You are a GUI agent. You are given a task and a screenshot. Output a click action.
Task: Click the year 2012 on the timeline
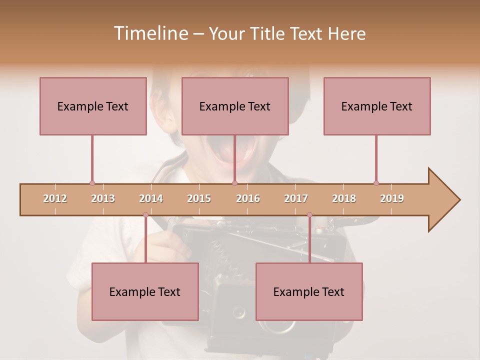[x=55, y=198]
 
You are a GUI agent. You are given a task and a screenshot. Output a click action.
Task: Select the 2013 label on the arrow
[x=103, y=198]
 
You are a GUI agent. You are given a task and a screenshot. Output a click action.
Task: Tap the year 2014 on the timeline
[x=151, y=198]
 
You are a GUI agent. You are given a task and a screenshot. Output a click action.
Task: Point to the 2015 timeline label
[x=199, y=198]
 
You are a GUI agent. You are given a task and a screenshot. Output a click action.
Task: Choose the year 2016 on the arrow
[x=248, y=198]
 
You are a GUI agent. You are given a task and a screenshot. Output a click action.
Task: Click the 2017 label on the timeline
[x=296, y=198]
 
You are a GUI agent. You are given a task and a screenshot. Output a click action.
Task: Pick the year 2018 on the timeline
[x=344, y=198]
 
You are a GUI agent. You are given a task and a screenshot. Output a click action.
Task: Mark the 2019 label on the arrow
[x=392, y=198]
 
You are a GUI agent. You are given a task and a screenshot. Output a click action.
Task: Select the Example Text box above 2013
[x=93, y=106]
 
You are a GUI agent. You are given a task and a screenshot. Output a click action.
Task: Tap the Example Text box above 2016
[x=235, y=106]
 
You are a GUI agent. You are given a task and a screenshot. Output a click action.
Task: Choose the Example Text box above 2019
[x=377, y=106]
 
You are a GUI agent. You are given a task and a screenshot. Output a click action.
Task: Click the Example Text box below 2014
[x=145, y=291]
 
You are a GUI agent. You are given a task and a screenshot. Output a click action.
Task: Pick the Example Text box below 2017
[x=309, y=291]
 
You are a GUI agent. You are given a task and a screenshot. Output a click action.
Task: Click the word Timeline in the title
[x=150, y=33]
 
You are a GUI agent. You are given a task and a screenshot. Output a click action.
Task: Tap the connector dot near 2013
[x=92, y=183]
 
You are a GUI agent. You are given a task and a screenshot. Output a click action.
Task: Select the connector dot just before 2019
[x=376, y=183]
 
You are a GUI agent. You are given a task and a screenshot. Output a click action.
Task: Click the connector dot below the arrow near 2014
[x=145, y=214]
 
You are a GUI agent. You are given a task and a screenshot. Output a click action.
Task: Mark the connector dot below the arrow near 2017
[x=309, y=214]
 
